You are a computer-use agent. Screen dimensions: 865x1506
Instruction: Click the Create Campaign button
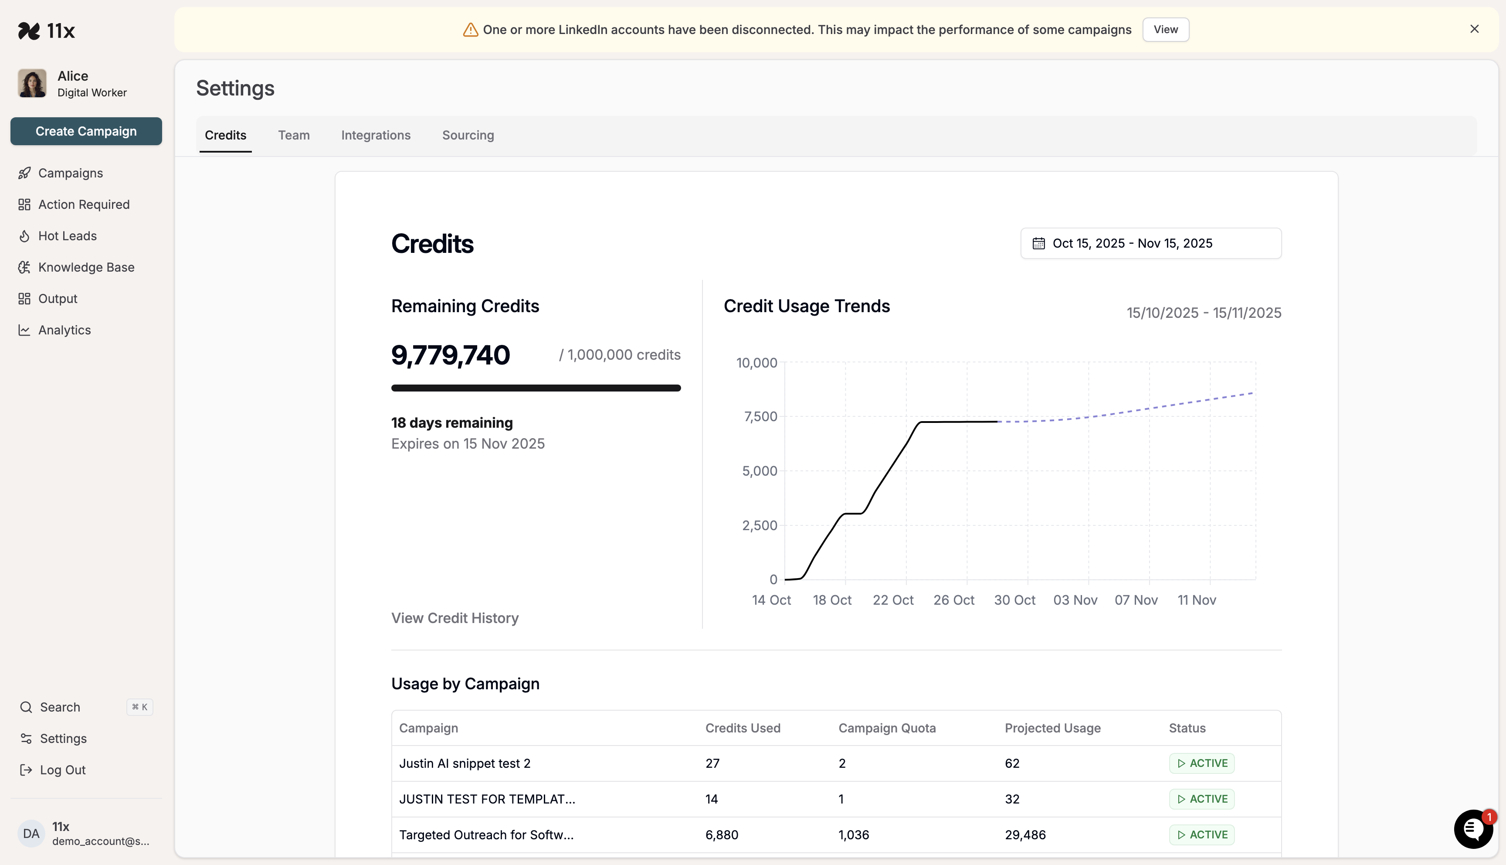(x=86, y=131)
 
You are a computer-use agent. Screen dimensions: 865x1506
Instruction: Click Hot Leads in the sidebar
(x=67, y=236)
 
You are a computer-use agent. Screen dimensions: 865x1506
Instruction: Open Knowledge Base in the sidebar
(x=86, y=267)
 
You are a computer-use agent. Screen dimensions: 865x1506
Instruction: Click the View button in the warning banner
(x=1165, y=30)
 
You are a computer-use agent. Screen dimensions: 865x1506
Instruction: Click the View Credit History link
(x=455, y=618)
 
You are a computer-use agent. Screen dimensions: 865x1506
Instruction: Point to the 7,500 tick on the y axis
(x=760, y=416)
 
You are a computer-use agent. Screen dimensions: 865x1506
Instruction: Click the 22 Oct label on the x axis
(x=893, y=600)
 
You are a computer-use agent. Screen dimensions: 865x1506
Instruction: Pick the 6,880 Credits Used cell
(x=722, y=835)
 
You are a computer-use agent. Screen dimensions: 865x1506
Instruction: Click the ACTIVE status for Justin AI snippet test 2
(x=1202, y=763)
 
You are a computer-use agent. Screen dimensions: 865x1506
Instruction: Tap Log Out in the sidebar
(x=62, y=770)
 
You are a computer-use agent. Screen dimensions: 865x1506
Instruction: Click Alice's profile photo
(x=32, y=83)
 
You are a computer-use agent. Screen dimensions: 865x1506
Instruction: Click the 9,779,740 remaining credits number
(x=451, y=355)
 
